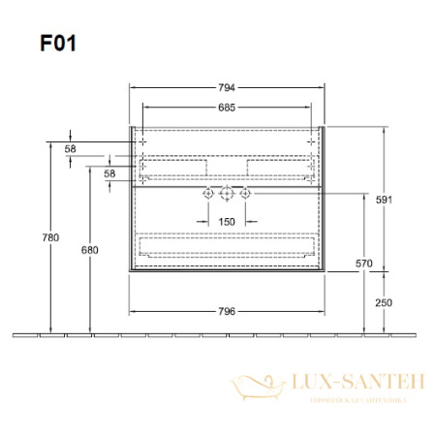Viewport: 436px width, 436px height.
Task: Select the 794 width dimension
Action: [227, 86]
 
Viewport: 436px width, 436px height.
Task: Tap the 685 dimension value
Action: [227, 106]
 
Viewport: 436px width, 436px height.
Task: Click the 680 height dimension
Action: [89, 250]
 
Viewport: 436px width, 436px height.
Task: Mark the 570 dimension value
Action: [363, 262]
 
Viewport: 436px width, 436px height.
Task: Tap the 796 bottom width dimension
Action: [227, 311]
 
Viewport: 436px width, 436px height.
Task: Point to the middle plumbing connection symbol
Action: [226, 195]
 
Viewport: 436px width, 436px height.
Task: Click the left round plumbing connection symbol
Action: [206, 195]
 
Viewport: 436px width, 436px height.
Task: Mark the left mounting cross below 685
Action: [141, 141]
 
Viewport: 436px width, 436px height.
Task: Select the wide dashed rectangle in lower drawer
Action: [226, 247]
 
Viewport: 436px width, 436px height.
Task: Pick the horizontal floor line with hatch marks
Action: [218, 335]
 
